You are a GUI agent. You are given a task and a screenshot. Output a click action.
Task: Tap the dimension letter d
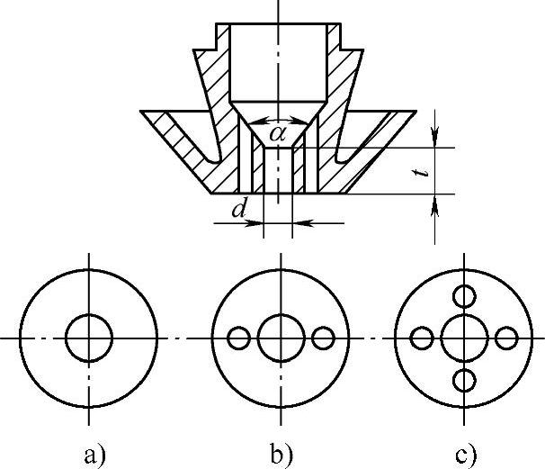point(237,211)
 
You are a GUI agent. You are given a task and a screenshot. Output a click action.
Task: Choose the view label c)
point(466,453)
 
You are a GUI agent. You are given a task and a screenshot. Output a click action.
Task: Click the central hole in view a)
point(89,338)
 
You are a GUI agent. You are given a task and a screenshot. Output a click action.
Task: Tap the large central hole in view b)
point(280,338)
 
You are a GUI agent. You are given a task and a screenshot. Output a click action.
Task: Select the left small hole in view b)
point(238,338)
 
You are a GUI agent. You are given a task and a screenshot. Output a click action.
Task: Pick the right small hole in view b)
point(323,338)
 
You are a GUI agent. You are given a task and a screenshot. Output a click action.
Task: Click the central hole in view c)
point(464,338)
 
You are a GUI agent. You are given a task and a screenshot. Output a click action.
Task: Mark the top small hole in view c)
point(464,295)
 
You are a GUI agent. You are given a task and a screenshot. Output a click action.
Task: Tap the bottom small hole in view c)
point(464,380)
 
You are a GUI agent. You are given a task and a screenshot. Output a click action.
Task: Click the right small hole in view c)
point(506,338)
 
